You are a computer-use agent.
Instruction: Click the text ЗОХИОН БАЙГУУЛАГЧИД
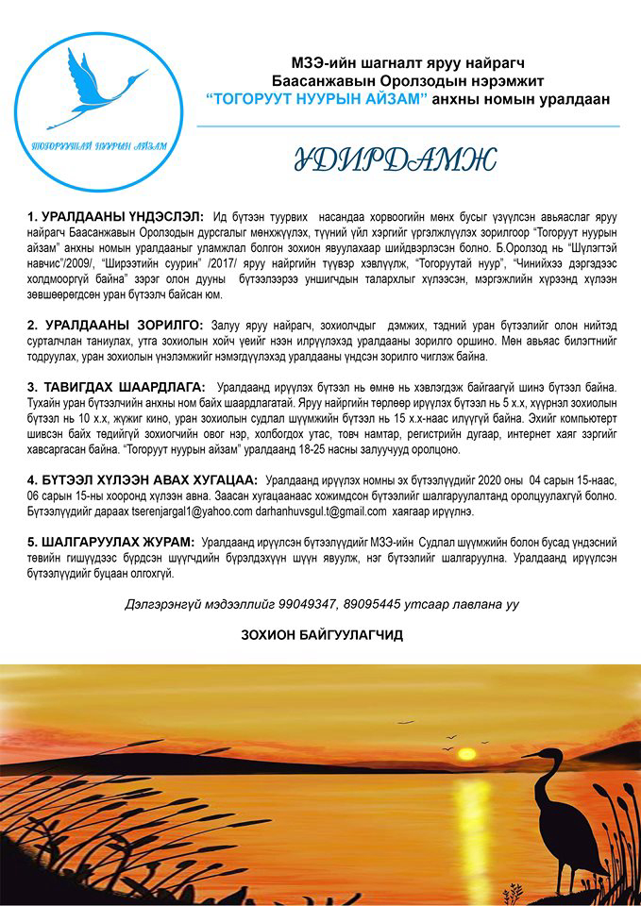322,635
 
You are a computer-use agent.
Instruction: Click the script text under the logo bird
98,146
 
